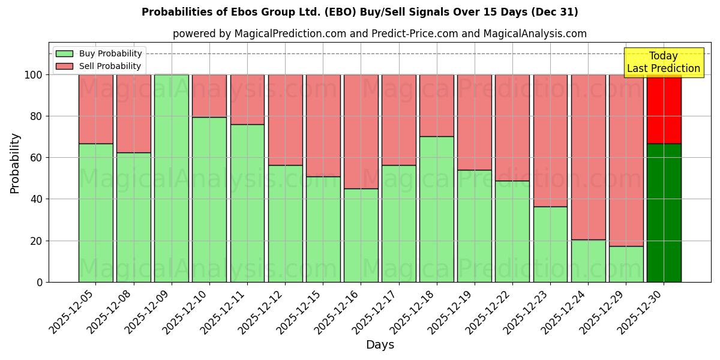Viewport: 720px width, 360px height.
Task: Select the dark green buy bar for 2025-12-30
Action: pyautogui.click(x=664, y=213)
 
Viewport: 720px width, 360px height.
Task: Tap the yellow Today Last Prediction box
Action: pyautogui.click(x=664, y=62)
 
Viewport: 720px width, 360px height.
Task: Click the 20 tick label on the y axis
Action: pyautogui.click(x=38, y=241)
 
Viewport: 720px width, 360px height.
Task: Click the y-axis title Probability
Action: pyautogui.click(x=15, y=163)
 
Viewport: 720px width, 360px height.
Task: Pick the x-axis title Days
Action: pyautogui.click(x=380, y=345)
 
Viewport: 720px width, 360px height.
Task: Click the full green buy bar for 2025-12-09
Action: pyautogui.click(x=172, y=178)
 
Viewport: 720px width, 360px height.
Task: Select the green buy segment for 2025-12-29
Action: pyautogui.click(x=626, y=264)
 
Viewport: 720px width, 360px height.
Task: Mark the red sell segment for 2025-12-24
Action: pyautogui.click(x=588, y=157)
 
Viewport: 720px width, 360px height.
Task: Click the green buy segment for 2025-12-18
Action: pyautogui.click(x=436, y=209)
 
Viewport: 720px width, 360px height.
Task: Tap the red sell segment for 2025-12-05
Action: pyautogui.click(x=96, y=109)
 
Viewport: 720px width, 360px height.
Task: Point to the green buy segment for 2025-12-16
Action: pyautogui.click(x=361, y=235)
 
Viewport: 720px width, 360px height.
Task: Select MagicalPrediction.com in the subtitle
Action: pyautogui.click(x=288, y=34)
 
